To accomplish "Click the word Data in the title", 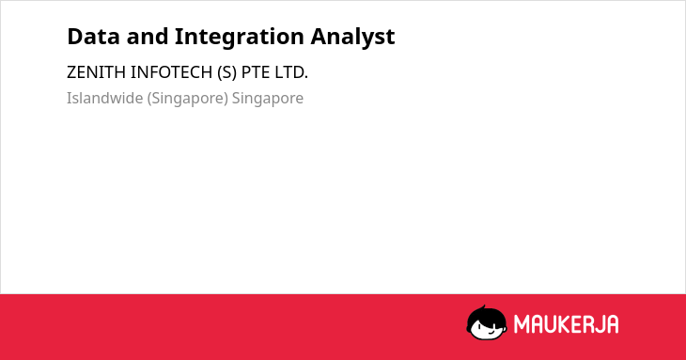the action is click(93, 37).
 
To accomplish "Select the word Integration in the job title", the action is click(240, 38).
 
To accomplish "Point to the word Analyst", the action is click(352, 38).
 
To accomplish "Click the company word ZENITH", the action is click(96, 72).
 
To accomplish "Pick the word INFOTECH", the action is click(171, 72).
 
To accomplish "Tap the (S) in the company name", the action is click(226, 72).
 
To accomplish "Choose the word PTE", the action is click(256, 72).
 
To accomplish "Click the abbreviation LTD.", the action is click(291, 72).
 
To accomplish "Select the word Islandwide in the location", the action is click(104, 98).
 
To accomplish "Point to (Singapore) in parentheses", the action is click(188, 99).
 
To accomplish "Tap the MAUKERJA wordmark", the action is click(566, 324).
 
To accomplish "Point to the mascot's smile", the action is click(491, 332).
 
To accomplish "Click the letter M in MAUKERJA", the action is click(522, 324).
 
